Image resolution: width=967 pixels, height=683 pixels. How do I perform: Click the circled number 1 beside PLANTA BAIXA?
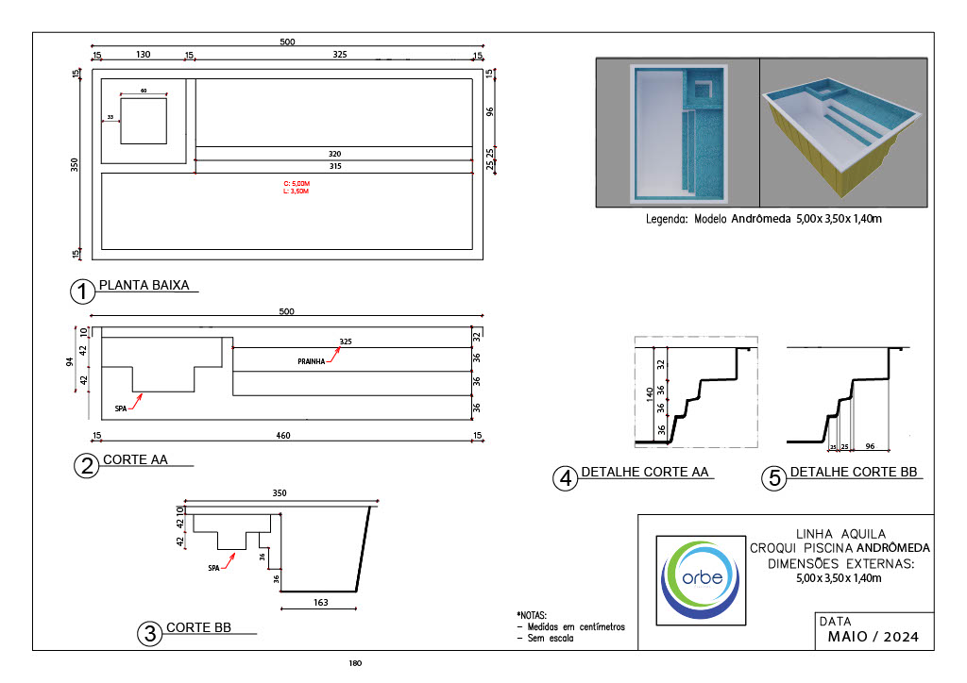[83, 292]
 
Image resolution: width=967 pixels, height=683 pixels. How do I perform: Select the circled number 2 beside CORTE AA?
[86, 466]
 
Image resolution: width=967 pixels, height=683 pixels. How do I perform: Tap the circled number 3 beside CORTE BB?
[149, 634]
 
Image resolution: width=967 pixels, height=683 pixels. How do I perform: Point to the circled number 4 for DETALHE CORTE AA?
[565, 478]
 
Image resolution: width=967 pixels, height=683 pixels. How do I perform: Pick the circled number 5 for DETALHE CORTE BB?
[774, 478]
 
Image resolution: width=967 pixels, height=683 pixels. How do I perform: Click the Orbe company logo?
[698, 577]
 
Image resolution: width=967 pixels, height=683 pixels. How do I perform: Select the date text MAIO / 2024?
[865, 637]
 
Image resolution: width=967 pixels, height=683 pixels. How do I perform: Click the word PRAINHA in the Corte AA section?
[312, 360]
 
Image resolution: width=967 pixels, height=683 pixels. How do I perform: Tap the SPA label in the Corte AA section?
[120, 408]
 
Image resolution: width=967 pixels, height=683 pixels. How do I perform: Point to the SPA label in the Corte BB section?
[214, 569]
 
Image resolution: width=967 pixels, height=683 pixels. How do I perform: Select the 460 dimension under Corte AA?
[283, 435]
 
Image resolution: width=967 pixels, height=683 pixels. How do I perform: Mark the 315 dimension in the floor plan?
[334, 167]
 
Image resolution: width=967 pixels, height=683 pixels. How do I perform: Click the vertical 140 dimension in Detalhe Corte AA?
[650, 393]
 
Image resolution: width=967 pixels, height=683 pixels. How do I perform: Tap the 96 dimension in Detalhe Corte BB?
[871, 445]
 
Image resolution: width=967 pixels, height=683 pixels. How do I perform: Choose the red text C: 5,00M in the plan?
[297, 184]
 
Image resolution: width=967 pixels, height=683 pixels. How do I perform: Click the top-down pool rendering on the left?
[677, 132]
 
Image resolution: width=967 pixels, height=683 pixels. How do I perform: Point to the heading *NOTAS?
[532, 614]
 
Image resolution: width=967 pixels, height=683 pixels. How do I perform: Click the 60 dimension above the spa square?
[144, 91]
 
